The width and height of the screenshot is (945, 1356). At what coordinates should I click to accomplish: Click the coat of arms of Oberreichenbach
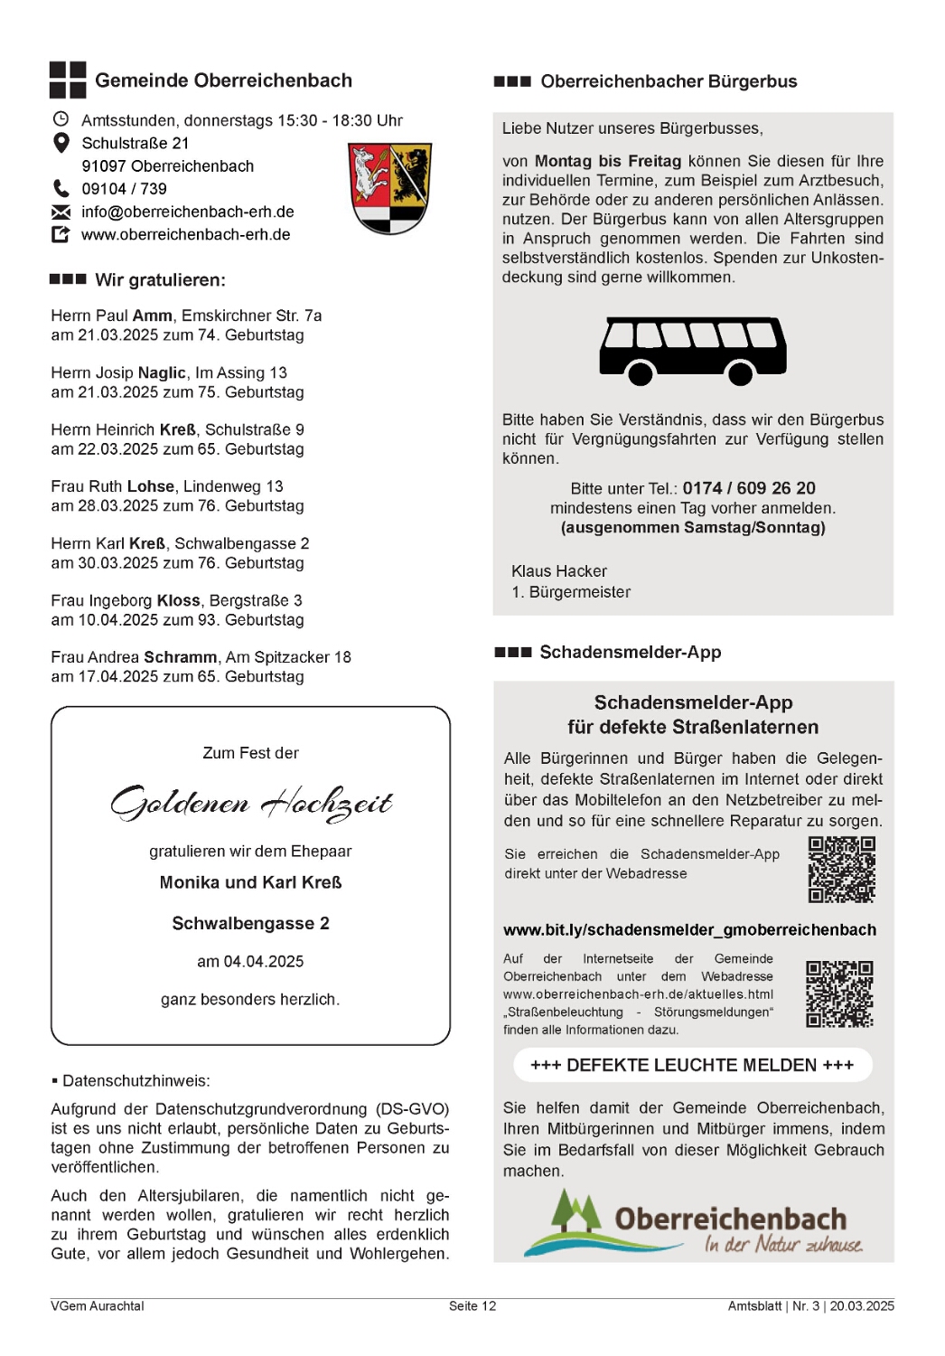(389, 188)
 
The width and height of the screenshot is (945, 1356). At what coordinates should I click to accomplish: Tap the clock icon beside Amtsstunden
(61, 119)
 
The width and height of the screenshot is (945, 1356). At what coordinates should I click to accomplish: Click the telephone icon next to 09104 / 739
(61, 188)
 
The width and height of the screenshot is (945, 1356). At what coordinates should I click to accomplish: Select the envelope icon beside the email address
(61, 212)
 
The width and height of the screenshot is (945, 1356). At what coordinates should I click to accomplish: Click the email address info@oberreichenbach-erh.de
(187, 212)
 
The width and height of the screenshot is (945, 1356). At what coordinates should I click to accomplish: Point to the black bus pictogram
(692, 351)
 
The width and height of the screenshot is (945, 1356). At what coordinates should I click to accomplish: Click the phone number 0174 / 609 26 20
(748, 488)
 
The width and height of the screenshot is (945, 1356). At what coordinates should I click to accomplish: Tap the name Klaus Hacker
(558, 571)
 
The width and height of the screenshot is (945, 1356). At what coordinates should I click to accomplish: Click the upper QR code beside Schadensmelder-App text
(841, 870)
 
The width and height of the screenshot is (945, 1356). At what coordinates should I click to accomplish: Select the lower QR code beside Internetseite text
(839, 993)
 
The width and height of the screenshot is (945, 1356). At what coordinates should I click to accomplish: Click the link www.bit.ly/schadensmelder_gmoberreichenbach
(689, 930)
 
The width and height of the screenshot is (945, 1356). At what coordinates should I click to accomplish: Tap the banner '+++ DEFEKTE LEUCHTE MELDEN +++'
(692, 1065)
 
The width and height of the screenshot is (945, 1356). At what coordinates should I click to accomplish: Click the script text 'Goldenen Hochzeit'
(251, 803)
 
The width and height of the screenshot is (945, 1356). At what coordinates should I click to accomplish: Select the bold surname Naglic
(162, 372)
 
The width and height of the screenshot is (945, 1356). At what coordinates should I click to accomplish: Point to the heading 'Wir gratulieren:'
(160, 280)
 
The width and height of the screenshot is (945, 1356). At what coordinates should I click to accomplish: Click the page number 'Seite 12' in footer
(472, 1306)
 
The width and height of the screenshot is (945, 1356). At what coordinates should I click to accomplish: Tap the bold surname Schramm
(180, 657)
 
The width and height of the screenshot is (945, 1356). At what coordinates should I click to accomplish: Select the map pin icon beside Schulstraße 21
(61, 143)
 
